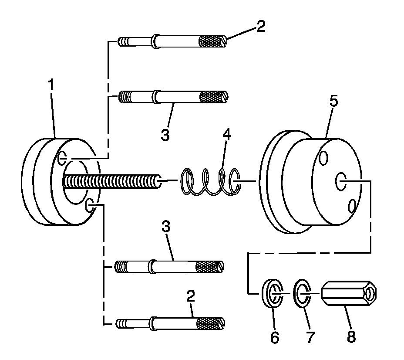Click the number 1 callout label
pos(51,85)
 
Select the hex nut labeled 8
pos(348,295)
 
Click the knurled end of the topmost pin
pos(211,41)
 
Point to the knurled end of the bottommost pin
pos(208,323)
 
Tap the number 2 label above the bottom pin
pos(190,297)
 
